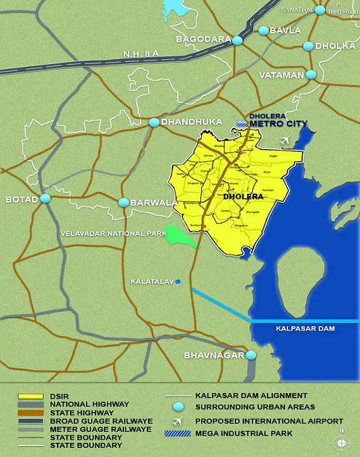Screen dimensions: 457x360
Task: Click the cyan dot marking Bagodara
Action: tap(237, 41)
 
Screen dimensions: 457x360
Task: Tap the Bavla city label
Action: tap(285, 30)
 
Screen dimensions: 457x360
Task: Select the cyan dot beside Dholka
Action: tap(309, 46)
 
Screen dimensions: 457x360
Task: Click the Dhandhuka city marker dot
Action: tap(154, 122)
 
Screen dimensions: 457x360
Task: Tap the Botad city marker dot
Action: tap(45, 199)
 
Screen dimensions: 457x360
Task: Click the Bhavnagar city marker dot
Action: tap(251, 355)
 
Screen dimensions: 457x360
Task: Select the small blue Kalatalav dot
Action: tap(178, 282)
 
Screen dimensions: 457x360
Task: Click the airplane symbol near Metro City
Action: tap(286, 141)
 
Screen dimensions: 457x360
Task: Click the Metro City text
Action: tap(278, 123)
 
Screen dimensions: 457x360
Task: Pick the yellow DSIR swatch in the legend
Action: tap(30, 395)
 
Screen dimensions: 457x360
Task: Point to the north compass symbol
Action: tap(342, 441)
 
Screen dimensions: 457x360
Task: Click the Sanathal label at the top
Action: tap(297, 10)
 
